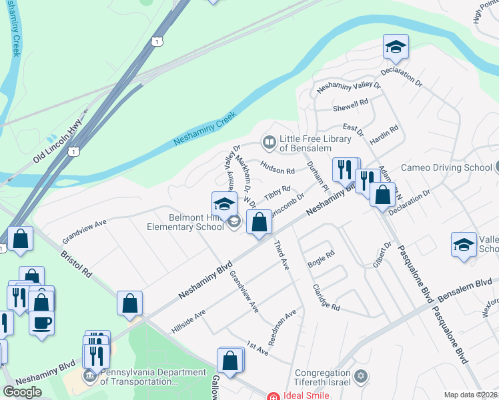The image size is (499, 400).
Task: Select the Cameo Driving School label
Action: tap(446, 167)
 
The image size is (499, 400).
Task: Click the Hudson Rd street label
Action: tap(278, 171)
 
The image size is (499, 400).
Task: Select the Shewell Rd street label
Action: tap(350, 105)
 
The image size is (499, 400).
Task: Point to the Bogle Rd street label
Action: tap(320, 260)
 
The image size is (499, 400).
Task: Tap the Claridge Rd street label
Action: tap(326, 297)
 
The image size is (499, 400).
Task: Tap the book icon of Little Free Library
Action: tap(269, 142)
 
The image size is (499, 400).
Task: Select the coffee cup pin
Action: tap(41, 323)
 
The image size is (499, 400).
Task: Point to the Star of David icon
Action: tap(361, 377)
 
